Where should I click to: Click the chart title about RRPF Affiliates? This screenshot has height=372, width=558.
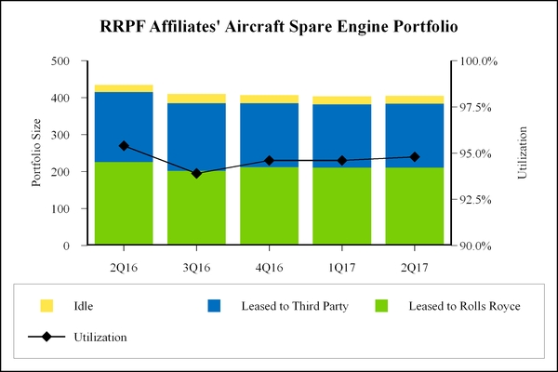[x=278, y=26]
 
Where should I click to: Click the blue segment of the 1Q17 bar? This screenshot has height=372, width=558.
[x=341, y=136]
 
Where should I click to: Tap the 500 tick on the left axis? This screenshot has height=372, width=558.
[x=64, y=61]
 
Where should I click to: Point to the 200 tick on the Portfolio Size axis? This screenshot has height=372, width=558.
[x=64, y=172]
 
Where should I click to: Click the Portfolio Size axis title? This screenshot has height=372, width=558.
[x=37, y=153]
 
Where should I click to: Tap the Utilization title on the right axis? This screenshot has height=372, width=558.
[x=522, y=153]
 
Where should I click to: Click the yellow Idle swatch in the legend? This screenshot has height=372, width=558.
[x=46, y=305]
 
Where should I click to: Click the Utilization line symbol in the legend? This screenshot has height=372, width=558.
[x=46, y=337]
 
